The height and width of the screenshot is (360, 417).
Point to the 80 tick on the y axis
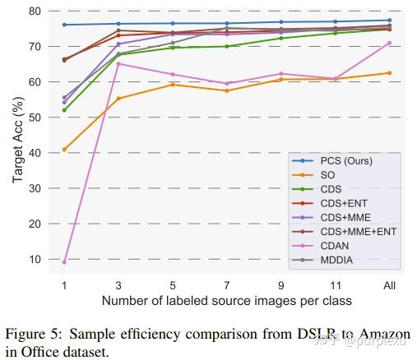(x=35, y=11)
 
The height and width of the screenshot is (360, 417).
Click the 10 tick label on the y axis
(x=35, y=259)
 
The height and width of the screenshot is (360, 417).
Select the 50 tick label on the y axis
(x=35, y=118)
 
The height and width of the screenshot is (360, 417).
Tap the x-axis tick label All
(x=389, y=285)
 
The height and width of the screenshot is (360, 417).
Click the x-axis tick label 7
(x=226, y=285)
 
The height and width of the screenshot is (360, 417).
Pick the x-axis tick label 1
(x=64, y=285)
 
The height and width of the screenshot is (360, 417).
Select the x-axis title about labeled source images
(x=226, y=301)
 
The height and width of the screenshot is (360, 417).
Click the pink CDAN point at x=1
(x=64, y=261)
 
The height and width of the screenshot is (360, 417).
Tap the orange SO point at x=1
(x=64, y=150)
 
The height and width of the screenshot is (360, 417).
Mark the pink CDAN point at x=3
(x=118, y=63)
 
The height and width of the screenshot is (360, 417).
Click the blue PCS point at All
(x=389, y=20)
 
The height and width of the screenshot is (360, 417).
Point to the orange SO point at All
(x=389, y=73)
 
